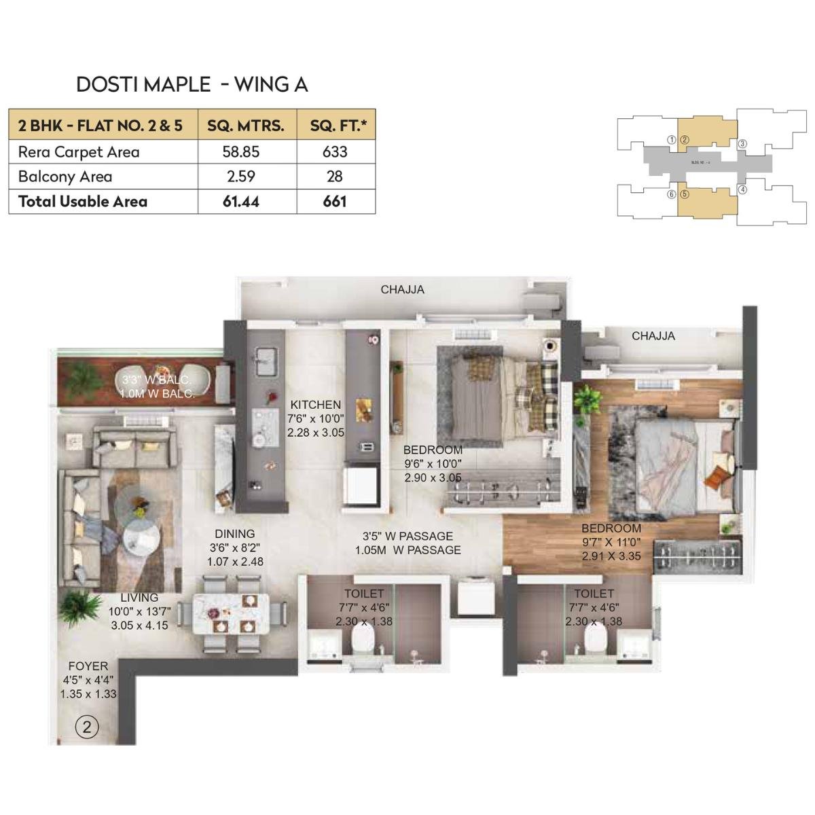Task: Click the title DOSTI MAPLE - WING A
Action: (192, 84)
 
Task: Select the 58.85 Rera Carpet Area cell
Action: (241, 151)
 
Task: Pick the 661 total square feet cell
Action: (335, 201)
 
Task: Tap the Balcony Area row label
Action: (65, 177)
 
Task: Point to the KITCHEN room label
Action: (315, 405)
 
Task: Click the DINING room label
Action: (234, 534)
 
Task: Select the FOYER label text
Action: (88, 666)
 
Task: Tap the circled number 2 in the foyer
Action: (86, 727)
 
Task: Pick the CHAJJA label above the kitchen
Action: (402, 289)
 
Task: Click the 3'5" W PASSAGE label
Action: (407, 536)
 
